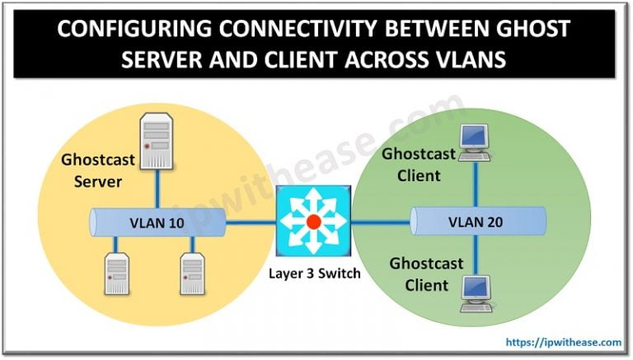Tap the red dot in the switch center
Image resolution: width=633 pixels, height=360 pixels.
[314, 222]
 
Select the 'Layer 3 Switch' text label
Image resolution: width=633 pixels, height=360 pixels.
[314, 273]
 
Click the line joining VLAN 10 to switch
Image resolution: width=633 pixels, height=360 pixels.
[252, 222]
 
